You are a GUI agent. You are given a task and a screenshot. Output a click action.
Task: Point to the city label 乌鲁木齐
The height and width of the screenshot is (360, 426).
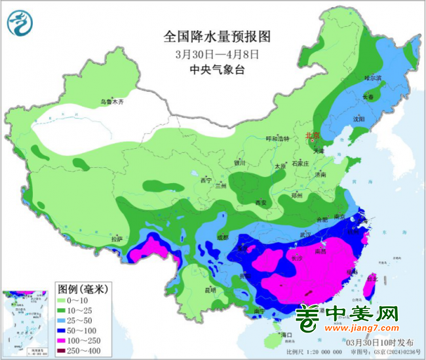(111, 102)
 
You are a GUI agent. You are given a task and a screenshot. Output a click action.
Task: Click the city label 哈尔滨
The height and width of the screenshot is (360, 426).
(372, 78)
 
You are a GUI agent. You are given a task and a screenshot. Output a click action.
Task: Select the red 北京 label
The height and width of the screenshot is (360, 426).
(312, 136)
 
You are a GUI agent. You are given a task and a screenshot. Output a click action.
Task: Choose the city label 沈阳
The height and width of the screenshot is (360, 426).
(358, 119)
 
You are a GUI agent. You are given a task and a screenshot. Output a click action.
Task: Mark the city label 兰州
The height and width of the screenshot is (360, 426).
(223, 186)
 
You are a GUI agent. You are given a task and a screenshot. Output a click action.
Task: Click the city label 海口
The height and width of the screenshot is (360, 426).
(285, 334)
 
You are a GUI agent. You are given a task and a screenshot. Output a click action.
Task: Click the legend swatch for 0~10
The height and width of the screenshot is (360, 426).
(68, 298)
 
